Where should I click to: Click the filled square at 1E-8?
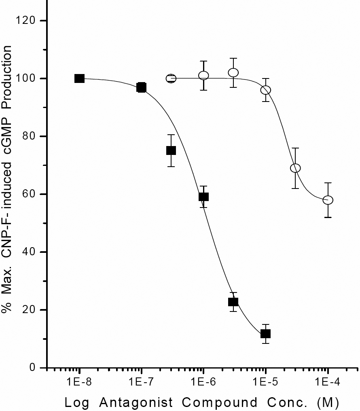point(79,78)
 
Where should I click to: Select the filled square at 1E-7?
point(141,87)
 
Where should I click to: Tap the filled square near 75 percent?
point(171,150)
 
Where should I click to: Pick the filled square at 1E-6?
point(203,197)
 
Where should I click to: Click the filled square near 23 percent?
point(233,302)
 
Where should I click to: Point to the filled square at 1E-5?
point(265,334)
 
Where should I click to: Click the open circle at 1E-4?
point(328,200)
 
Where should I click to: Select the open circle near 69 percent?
point(295,168)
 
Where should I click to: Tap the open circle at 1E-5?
point(265,90)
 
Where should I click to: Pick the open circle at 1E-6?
point(203,75)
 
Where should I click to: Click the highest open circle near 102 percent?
point(233,72)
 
